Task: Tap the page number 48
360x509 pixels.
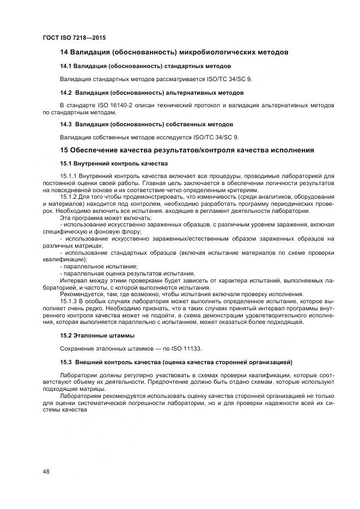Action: pyautogui.click(x=46, y=471)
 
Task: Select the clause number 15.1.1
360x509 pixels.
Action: pyautogui.click(x=69, y=176)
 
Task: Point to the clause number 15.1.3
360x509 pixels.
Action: pyautogui.click(x=69, y=301)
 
